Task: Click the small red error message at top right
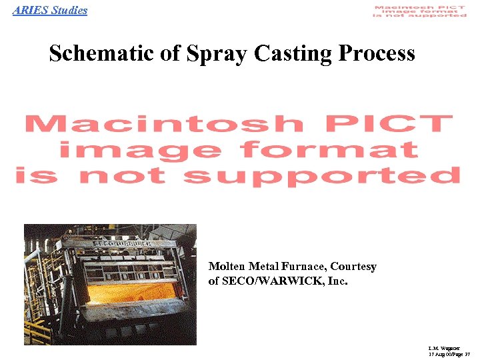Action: coord(420,11)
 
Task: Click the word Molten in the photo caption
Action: coord(227,267)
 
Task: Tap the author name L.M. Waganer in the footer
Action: coord(441,349)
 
